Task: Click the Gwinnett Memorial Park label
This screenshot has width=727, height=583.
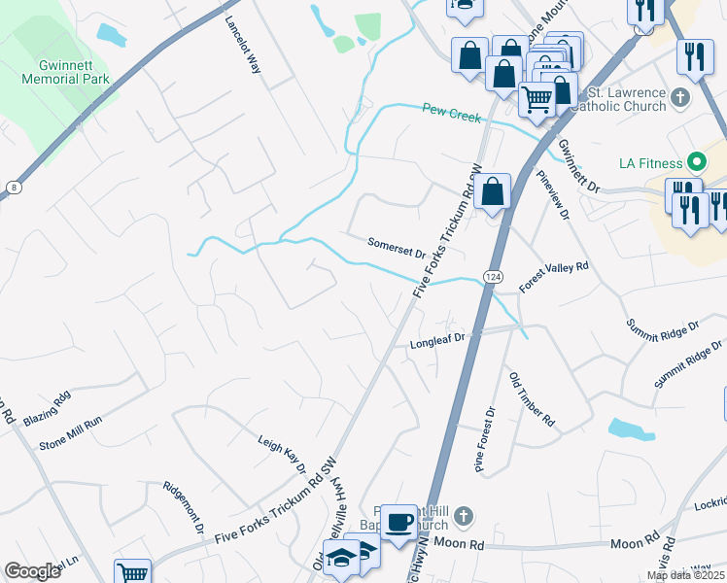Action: coord(74,71)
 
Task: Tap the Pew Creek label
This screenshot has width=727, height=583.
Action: coord(452,114)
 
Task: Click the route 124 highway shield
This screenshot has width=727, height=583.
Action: coord(494,277)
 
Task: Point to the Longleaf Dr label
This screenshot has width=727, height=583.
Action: coord(438,341)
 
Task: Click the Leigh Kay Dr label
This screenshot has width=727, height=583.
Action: coord(282,454)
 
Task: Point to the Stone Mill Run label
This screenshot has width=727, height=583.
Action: coord(70,435)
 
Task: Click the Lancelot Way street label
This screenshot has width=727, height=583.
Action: coord(243,45)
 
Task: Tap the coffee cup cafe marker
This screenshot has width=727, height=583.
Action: coord(398,522)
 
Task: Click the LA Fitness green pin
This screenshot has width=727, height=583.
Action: coord(696,161)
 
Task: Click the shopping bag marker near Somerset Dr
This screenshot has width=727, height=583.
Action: coord(494,190)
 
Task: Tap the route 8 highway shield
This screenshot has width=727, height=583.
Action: coord(13,187)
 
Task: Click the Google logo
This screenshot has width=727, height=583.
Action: coord(33,571)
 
